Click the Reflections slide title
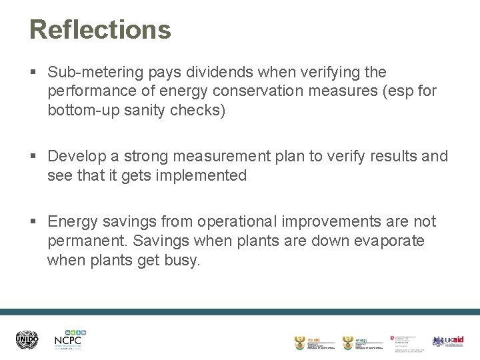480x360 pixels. pos(100,30)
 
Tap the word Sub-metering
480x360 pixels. pos(97,71)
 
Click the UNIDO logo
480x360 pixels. pos(27,341)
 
